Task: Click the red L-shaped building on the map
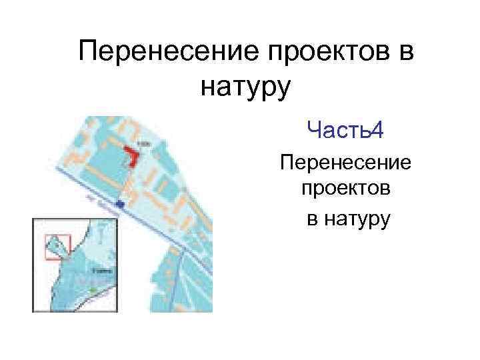131,157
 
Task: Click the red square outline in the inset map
57,246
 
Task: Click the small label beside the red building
142,143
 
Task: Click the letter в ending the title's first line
406,53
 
